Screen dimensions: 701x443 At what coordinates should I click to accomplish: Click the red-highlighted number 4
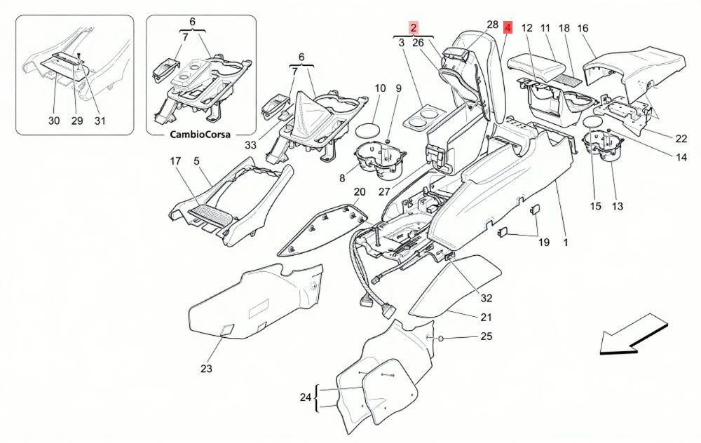pos(508,28)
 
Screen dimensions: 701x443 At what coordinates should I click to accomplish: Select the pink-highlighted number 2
pos(414,28)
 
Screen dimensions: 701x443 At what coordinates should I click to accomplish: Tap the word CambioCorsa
pos(200,134)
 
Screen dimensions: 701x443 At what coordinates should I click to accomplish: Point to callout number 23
pos(206,369)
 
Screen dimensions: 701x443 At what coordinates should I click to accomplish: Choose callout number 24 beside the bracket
pos(306,397)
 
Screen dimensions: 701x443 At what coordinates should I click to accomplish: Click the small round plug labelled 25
pos(440,339)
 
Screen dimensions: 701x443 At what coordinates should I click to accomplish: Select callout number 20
pos(360,192)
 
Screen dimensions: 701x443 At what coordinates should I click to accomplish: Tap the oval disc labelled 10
pos(367,131)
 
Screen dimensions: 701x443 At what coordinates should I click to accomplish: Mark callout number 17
pos(176,161)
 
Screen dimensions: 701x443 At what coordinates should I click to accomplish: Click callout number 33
pos(251,145)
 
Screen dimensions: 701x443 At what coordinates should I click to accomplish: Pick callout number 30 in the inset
pos(54,121)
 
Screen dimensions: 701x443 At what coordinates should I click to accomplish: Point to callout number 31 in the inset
pos(100,121)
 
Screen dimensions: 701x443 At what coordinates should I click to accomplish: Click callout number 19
pos(544,243)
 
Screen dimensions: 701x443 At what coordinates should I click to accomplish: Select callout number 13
pos(617,206)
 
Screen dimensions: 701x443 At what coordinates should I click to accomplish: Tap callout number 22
pos(681,139)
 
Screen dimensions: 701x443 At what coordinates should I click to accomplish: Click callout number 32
pos(486,298)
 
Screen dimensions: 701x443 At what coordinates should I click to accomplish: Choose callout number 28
pos(492,25)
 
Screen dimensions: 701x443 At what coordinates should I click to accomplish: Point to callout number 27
pos(384,192)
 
